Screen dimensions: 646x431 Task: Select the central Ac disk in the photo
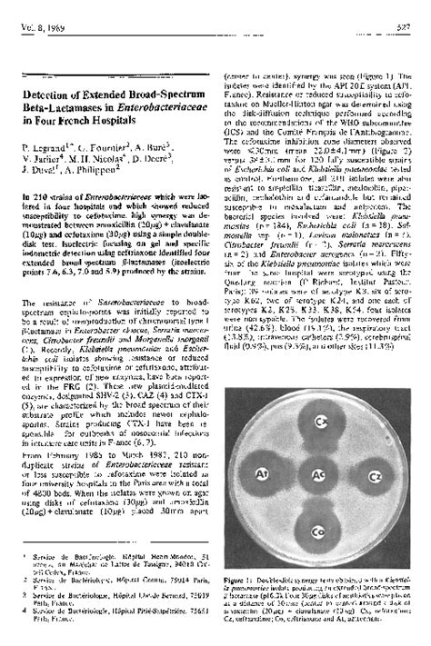[318, 474]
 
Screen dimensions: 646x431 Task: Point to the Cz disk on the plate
[373, 473]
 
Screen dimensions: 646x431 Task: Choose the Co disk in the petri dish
[317, 528]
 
